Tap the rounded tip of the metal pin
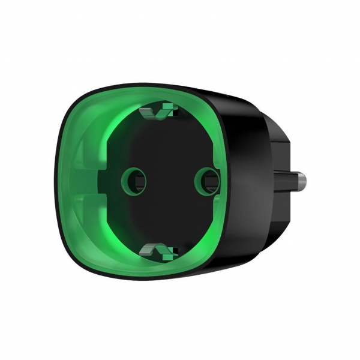click(x=308, y=180)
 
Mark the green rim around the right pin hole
click(x=197, y=178)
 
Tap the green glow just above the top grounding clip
click(x=159, y=99)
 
